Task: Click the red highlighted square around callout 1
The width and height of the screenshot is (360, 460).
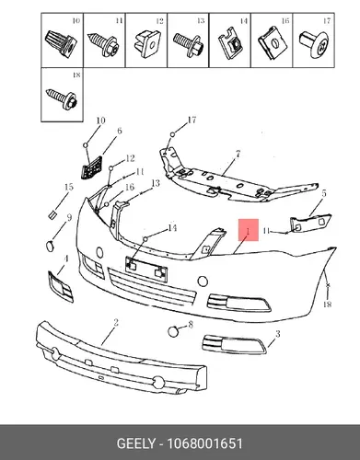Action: coord(249,230)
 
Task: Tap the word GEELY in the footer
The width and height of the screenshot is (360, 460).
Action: coord(136,443)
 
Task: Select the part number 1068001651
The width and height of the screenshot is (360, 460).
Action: coord(204,443)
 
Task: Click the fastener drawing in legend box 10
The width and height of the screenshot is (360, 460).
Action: coord(60,43)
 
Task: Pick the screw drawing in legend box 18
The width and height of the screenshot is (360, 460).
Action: coord(62,98)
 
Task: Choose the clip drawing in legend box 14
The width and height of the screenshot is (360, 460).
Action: coord(231,44)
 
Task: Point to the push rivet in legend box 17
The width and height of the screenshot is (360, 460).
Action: coord(314,44)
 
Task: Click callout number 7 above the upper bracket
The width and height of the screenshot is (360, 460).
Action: coord(238,155)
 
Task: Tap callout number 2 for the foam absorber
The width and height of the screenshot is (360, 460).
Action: coord(116,322)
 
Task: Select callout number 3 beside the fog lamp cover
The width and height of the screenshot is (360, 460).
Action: coord(277,333)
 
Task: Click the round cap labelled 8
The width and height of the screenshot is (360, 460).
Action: coord(173,331)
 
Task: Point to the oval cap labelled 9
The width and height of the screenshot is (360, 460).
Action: coord(50,246)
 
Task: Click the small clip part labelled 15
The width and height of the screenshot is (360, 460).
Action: coord(52,214)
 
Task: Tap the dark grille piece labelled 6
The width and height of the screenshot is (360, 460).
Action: coord(91,167)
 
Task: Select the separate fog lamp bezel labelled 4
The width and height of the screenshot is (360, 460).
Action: coord(61,286)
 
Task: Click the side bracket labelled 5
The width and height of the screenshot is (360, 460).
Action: coord(310,223)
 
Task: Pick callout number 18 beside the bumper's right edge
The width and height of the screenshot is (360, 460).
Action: coord(328,304)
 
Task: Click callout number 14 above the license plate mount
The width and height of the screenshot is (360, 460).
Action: coord(172,228)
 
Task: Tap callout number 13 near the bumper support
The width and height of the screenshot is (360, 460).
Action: coord(156,183)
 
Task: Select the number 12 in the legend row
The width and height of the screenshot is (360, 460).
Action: coord(159,21)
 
